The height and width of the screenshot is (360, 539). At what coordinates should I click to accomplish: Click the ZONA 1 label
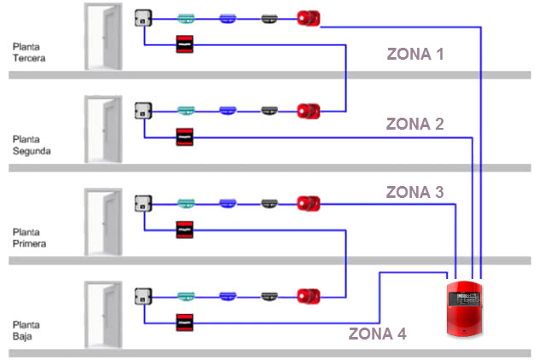point(415,55)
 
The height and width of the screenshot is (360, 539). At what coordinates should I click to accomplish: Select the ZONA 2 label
point(414,124)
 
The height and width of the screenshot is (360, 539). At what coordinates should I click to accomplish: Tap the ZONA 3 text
point(414,192)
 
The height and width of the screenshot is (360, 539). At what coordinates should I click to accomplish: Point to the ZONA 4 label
point(377,334)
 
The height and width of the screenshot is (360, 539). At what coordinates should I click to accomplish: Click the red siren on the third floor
point(308,17)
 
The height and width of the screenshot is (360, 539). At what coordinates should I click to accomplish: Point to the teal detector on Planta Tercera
point(186,17)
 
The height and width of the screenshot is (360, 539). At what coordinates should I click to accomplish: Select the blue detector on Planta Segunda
point(227,110)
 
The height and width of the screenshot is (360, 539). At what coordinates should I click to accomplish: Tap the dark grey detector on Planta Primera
point(269,203)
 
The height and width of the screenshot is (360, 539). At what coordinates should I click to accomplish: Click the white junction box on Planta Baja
point(142,296)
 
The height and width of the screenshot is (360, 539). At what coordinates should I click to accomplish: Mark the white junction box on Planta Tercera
point(142,17)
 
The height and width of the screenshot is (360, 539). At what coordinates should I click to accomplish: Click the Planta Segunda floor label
point(32,144)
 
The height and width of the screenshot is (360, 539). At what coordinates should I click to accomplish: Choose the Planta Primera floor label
point(30,237)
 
